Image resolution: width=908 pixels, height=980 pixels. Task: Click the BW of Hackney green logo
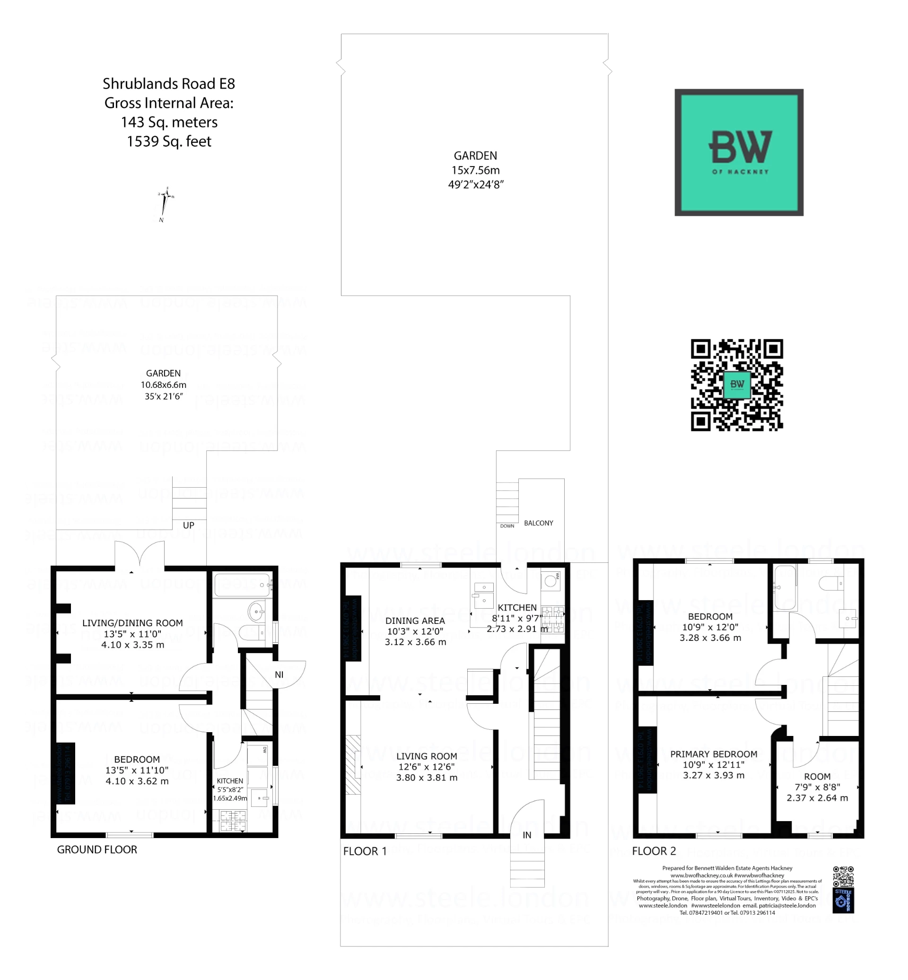(x=739, y=152)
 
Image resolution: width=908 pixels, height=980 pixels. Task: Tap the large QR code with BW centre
(x=736, y=385)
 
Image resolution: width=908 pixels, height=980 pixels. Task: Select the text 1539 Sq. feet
(x=168, y=141)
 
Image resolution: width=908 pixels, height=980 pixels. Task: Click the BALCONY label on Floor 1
(x=538, y=523)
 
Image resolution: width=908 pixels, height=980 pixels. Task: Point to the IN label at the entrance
(x=527, y=834)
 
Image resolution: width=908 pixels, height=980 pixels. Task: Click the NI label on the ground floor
(x=279, y=675)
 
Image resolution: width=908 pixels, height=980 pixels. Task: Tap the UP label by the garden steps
(x=188, y=525)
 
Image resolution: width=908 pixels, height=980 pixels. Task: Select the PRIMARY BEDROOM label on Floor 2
(x=714, y=754)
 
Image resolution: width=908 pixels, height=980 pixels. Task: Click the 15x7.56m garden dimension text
(x=475, y=170)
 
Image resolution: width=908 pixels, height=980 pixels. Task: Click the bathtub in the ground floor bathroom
(x=242, y=585)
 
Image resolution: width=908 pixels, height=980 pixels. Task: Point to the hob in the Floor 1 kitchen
(x=553, y=619)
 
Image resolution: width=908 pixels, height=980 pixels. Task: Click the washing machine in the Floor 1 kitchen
(x=551, y=581)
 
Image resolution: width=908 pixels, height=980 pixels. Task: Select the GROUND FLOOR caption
(x=97, y=849)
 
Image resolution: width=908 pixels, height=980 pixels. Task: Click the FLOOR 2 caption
(x=654, y=851)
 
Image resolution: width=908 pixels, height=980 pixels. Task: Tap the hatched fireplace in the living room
(x=353, y=764)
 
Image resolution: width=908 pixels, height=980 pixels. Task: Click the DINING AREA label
(x=415, y=621)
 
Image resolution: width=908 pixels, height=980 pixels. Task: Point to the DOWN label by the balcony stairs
(x=507, y=526)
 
